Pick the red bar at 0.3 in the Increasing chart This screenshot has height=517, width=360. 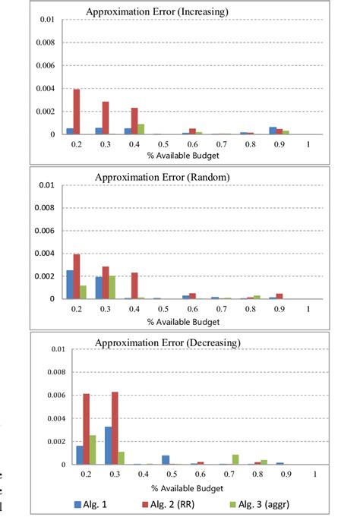pyautogui.click(x=106, y=118)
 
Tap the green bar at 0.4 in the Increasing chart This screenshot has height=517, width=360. pyautogui.click(x=141, y=129)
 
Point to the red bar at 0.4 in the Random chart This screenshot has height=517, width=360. pyautogui.click(x=134, y=285)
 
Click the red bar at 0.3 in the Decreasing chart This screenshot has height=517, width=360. pyautogui.click(x=115, y=428)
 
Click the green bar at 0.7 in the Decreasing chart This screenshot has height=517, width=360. pyautogui.click(x=236, y=459)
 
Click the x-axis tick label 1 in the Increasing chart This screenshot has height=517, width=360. pyautogui.click(x=308, y=143)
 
